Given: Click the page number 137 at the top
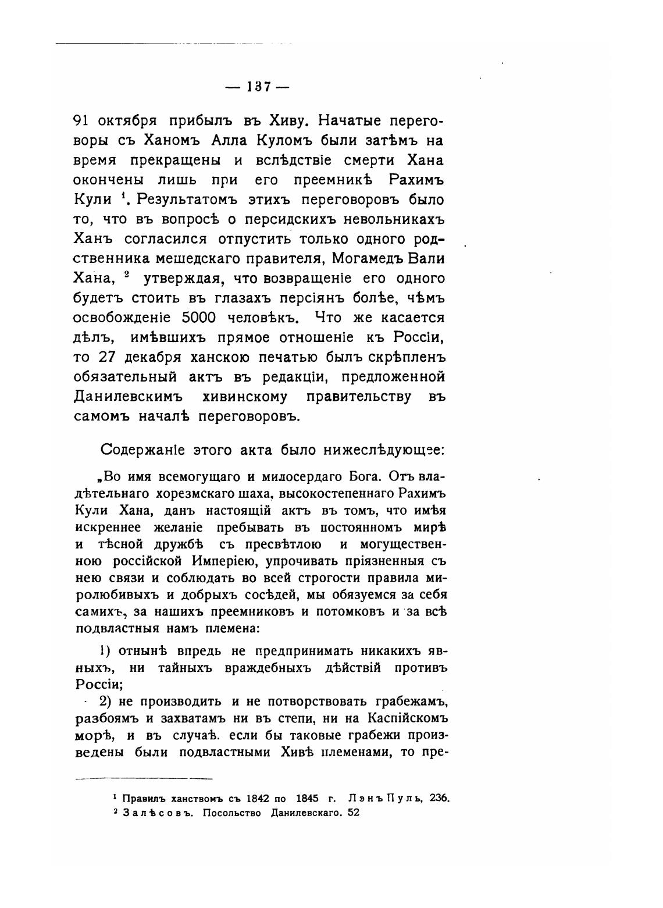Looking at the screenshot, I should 257,87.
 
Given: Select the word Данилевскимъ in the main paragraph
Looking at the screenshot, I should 129,397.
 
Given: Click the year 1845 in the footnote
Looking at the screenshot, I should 310,798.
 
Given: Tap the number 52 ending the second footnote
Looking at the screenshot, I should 353,813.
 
